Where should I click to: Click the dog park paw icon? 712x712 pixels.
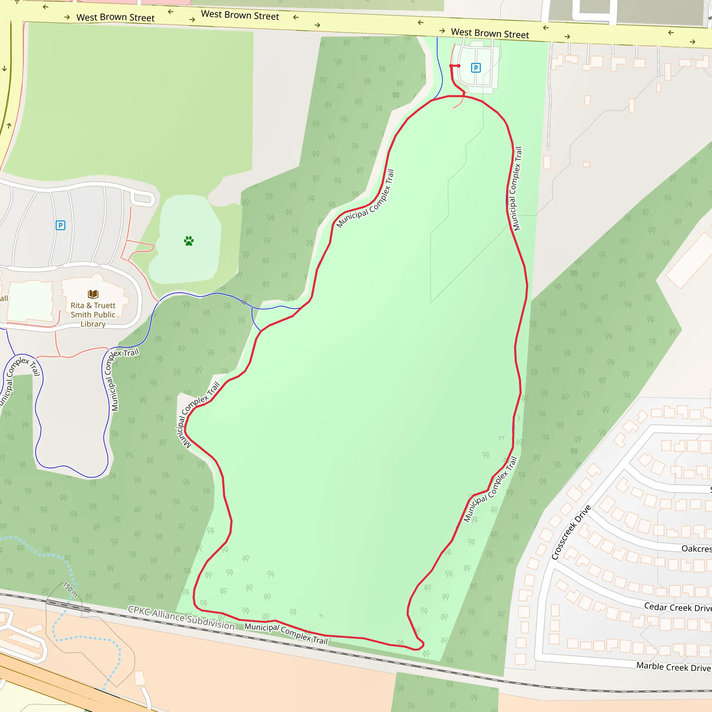click(x=189, y=241)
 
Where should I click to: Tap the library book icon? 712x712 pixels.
click(x=93, y=294)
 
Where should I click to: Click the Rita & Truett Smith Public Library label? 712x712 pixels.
click(x=93, y=314)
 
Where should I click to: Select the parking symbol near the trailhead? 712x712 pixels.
click(x=476, y=68)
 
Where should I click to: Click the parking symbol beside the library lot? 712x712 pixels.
click(x=60, y=225)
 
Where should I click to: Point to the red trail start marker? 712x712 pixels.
click(x=451, y=66)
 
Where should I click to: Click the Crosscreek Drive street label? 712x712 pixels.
click(x=571, y=532)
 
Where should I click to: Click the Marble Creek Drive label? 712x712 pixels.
click(x=674, y=667)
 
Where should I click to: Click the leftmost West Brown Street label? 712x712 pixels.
click(x=115, y=17)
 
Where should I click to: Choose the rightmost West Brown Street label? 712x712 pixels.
click(x=490, y=33)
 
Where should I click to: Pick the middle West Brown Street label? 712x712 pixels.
click(x=240, y=15)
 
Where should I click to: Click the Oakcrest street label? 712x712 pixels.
click(x=696, y=549)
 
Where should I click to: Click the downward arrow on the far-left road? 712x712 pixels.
click(x=5, y=68)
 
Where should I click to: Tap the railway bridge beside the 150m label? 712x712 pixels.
click(x=68, y=605)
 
